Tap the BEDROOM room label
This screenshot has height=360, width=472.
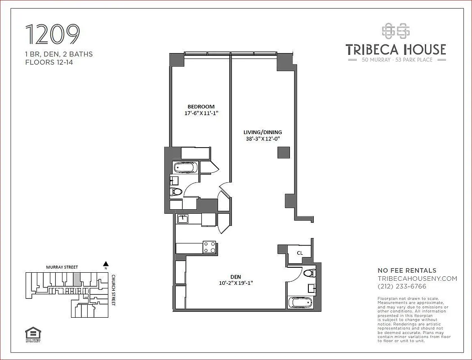201,107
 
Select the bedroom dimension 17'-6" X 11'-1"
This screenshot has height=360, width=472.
201,113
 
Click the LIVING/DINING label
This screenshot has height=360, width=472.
263,132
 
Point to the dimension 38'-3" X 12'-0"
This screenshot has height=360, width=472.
263,139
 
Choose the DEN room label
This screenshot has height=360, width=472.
236,277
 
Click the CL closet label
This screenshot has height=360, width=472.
299,253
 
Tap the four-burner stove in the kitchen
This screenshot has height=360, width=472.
209,247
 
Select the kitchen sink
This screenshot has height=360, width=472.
183,220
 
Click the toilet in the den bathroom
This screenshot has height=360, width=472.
308,273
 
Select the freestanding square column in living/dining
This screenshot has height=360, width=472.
283,153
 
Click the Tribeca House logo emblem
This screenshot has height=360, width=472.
396,31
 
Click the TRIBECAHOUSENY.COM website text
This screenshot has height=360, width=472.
417,279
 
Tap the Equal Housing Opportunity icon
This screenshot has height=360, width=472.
33,334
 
